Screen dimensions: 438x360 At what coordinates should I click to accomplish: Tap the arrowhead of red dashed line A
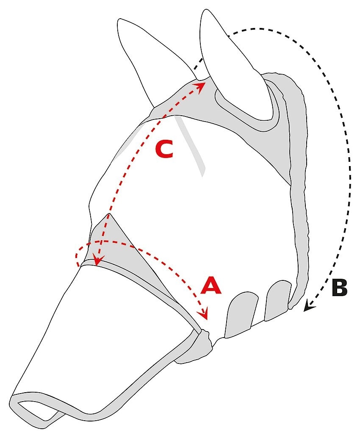point(205,316)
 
